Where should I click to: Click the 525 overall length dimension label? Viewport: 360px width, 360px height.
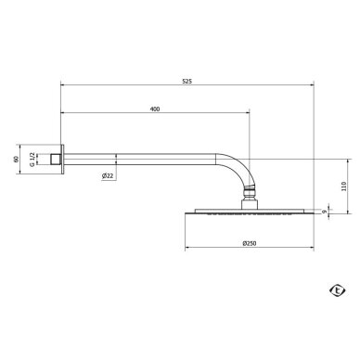[186, 82]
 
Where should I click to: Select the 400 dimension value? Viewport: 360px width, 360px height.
[155, 109]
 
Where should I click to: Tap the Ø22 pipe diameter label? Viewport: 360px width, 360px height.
[108, 176]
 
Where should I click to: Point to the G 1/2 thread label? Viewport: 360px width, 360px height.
[32, 160]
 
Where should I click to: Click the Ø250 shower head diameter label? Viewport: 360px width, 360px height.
[250, 243]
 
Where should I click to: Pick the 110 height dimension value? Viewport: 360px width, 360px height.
[344, 186]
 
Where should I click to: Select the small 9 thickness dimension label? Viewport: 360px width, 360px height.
[324, 212]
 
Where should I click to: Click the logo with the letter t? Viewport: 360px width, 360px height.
[337, 290]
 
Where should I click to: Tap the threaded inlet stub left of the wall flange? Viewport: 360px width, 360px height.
[55, 160]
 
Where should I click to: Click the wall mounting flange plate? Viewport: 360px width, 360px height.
[62, 160]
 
